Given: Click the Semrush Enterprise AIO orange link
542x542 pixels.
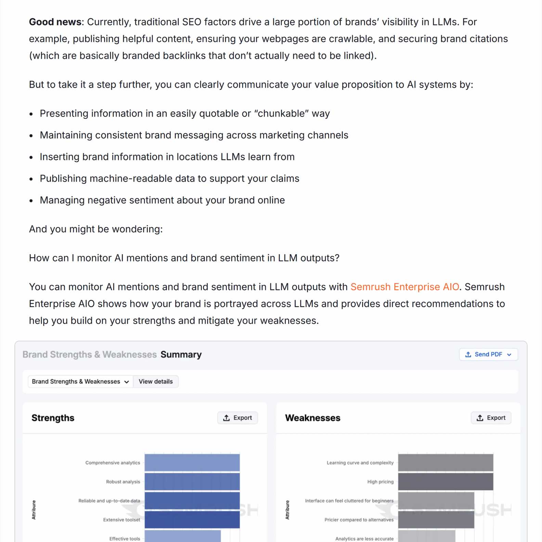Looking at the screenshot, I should coord(404,287).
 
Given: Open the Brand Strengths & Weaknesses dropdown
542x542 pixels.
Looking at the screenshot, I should coord(80,382).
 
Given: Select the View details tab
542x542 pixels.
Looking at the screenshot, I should coord(156,382).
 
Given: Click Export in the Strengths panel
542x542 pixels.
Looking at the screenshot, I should coord(237,418).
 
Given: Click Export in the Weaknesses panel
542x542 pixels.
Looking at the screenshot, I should coord(491,418).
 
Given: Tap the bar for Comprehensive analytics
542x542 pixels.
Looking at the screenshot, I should coord(192,463).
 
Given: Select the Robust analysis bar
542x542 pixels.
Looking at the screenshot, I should coord(192,482).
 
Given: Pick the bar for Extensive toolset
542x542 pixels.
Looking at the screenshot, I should coord(192,520).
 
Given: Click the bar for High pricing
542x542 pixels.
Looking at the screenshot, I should coord(446,482).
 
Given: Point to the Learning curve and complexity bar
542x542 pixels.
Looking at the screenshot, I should coord(446,463).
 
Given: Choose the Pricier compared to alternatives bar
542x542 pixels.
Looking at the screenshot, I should coord(436,520).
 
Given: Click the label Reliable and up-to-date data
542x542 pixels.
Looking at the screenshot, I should coord(109,501).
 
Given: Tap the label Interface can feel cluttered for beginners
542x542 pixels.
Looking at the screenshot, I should coord(349,501).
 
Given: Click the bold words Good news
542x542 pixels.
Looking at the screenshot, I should coord(56,22).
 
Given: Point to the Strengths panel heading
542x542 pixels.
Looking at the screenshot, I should coord(53,418).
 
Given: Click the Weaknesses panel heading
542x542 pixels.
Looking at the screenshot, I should coord(312,418).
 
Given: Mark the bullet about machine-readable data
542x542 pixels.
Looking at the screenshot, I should coord(169,179).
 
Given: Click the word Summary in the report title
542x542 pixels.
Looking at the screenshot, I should coord(181,354).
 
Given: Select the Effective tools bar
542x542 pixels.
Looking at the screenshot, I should coord(182,537).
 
